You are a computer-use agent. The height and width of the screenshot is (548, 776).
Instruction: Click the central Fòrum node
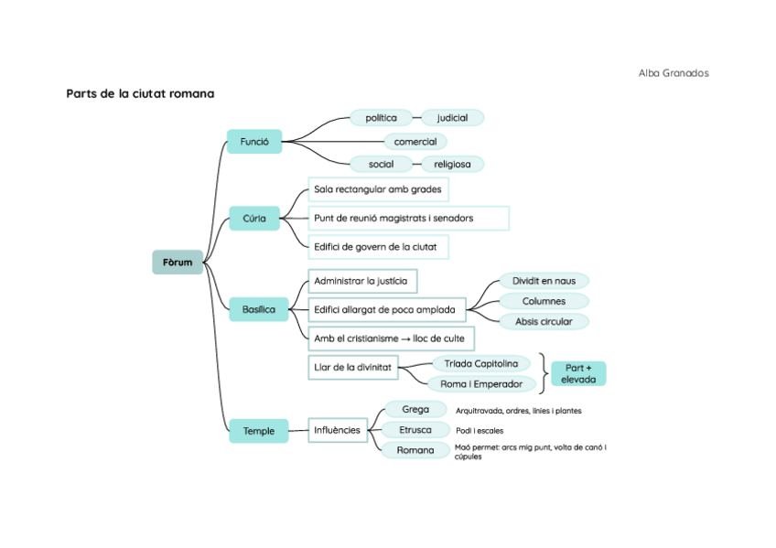[x=178, y=263]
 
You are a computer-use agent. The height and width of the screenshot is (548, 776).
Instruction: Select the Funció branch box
[x=253, y=142]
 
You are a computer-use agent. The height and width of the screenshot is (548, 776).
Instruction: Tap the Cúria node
[x=253, y=219]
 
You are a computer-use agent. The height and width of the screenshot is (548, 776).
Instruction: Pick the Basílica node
[x=258, y=309]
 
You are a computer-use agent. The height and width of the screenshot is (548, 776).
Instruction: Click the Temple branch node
[x=258, y=431]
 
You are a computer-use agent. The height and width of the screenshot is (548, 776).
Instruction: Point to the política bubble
[x=381, y=118]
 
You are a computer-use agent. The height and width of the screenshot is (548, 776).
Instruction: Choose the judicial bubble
[x=452, y=118]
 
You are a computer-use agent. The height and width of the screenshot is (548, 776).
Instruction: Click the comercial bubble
[x=415, y=142]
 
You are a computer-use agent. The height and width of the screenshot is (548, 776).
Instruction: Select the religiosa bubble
[x=452, y=165]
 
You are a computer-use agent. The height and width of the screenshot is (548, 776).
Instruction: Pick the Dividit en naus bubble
[x=544, y=281]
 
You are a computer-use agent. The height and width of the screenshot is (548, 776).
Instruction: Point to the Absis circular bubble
[x=544, y=321]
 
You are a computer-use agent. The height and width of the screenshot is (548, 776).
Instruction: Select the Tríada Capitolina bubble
[x=480, y=364]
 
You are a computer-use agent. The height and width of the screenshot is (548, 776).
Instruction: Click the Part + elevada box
[x=578, y=373]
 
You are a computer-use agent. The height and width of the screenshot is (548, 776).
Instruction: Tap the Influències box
[x=338, y=429]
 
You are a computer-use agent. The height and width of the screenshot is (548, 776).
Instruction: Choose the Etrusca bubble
[x=415, y=430]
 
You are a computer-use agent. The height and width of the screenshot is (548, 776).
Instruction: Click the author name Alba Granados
[x=674, y=73]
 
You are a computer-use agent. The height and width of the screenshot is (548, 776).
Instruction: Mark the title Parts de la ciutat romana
[x=140, y=93]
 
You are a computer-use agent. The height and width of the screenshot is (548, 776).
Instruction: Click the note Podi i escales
[x=480, y=430]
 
